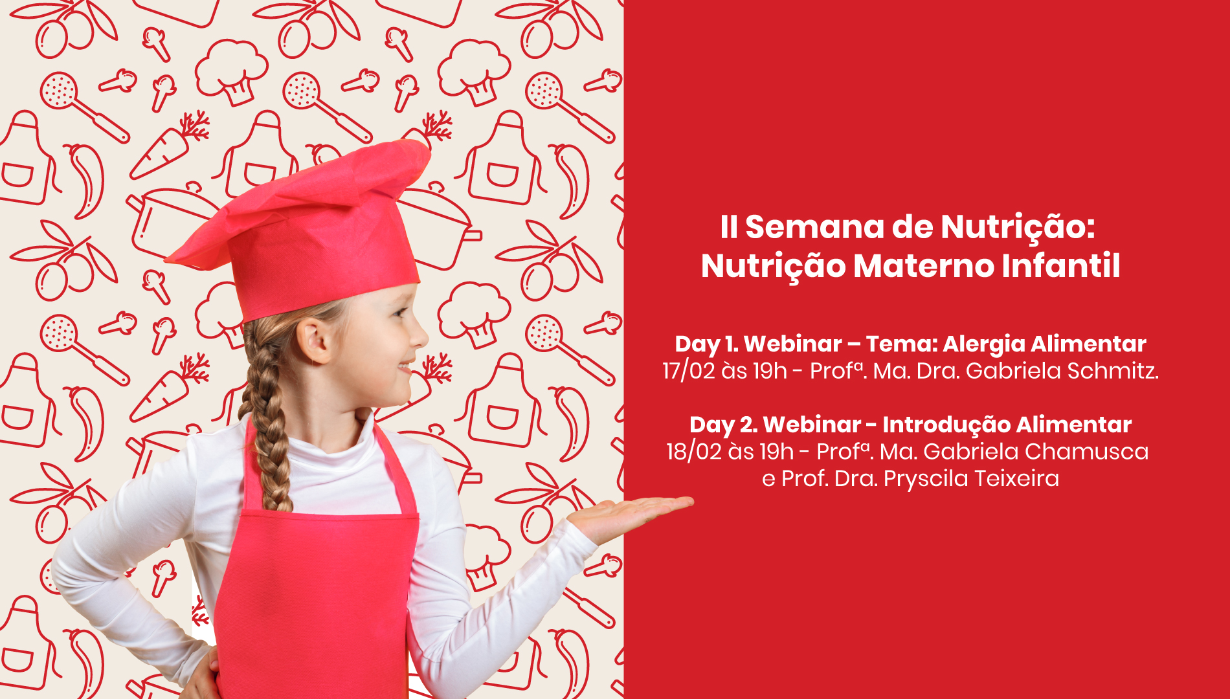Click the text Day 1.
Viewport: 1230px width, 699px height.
(706, 344)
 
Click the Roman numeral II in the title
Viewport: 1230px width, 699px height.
(729, 227)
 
